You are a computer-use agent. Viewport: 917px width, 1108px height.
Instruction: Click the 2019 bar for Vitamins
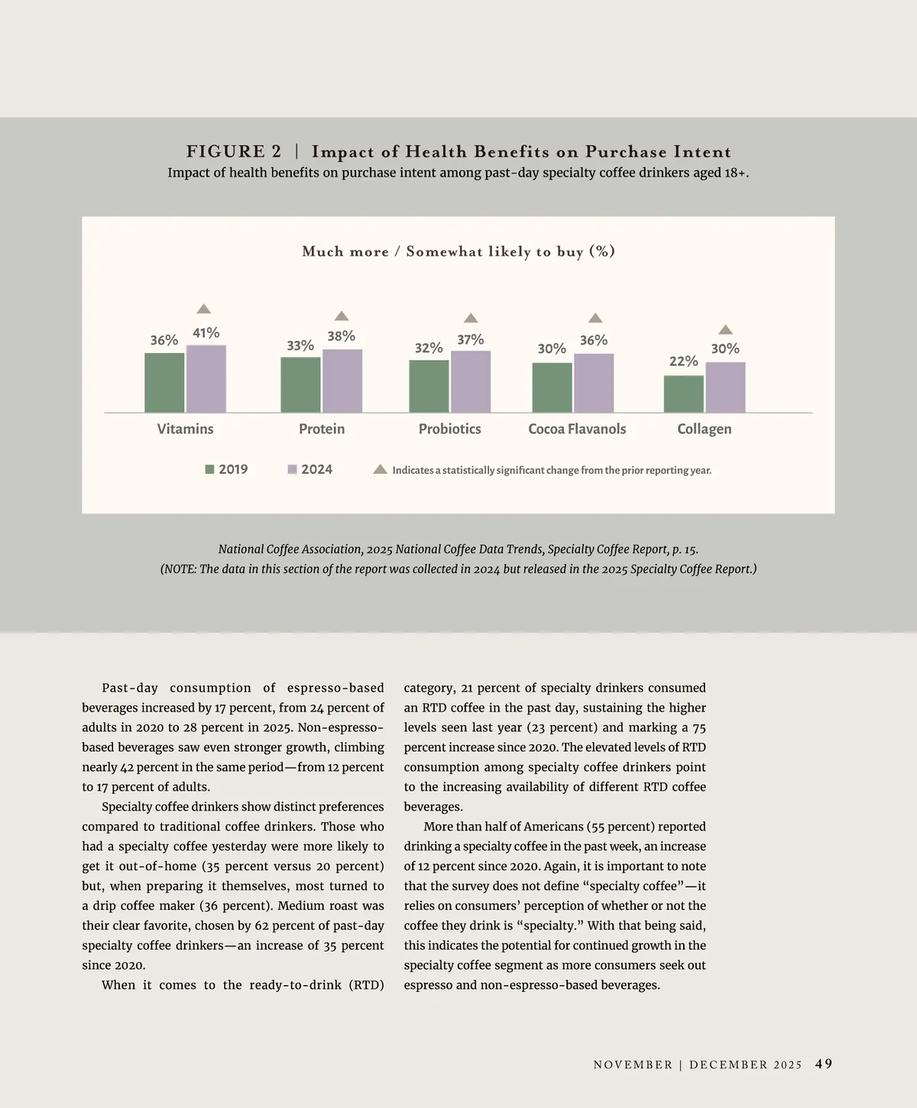[164, 383]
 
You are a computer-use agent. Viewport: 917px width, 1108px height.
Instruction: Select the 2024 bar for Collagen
[725, 387]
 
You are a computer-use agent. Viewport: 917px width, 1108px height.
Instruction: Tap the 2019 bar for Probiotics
[429, 387]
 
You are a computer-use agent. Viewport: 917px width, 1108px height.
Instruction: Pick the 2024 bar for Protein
[342, 381]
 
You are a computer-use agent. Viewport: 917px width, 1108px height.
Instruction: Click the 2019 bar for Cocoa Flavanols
[552, 387]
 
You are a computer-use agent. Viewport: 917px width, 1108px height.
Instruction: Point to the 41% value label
[206, 333]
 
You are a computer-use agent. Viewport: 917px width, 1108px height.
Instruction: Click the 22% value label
[683, 361]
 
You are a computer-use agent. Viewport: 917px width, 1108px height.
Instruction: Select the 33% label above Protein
[300, 345]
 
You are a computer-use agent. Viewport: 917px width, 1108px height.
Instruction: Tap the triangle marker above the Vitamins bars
[203, 309]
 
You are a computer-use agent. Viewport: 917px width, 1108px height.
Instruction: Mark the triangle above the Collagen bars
[726, 329]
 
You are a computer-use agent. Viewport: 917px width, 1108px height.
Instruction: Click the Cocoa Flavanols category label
[577, 429]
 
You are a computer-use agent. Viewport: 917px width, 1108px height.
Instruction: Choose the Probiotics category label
[449, 429]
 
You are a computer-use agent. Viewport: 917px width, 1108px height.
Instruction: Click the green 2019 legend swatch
[209, 470]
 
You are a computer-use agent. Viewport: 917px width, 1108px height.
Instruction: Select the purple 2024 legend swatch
[292, 470]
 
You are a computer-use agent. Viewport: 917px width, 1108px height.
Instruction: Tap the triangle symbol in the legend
[380, 469]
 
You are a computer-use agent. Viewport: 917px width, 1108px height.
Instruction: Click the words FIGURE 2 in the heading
[234, 151]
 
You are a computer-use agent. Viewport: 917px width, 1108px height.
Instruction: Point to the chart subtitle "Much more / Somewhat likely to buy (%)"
[458, 251]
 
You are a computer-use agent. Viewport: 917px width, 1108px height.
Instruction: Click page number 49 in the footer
[824, 1064]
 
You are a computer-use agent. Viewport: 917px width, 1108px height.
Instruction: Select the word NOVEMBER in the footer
[633, 1064]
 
